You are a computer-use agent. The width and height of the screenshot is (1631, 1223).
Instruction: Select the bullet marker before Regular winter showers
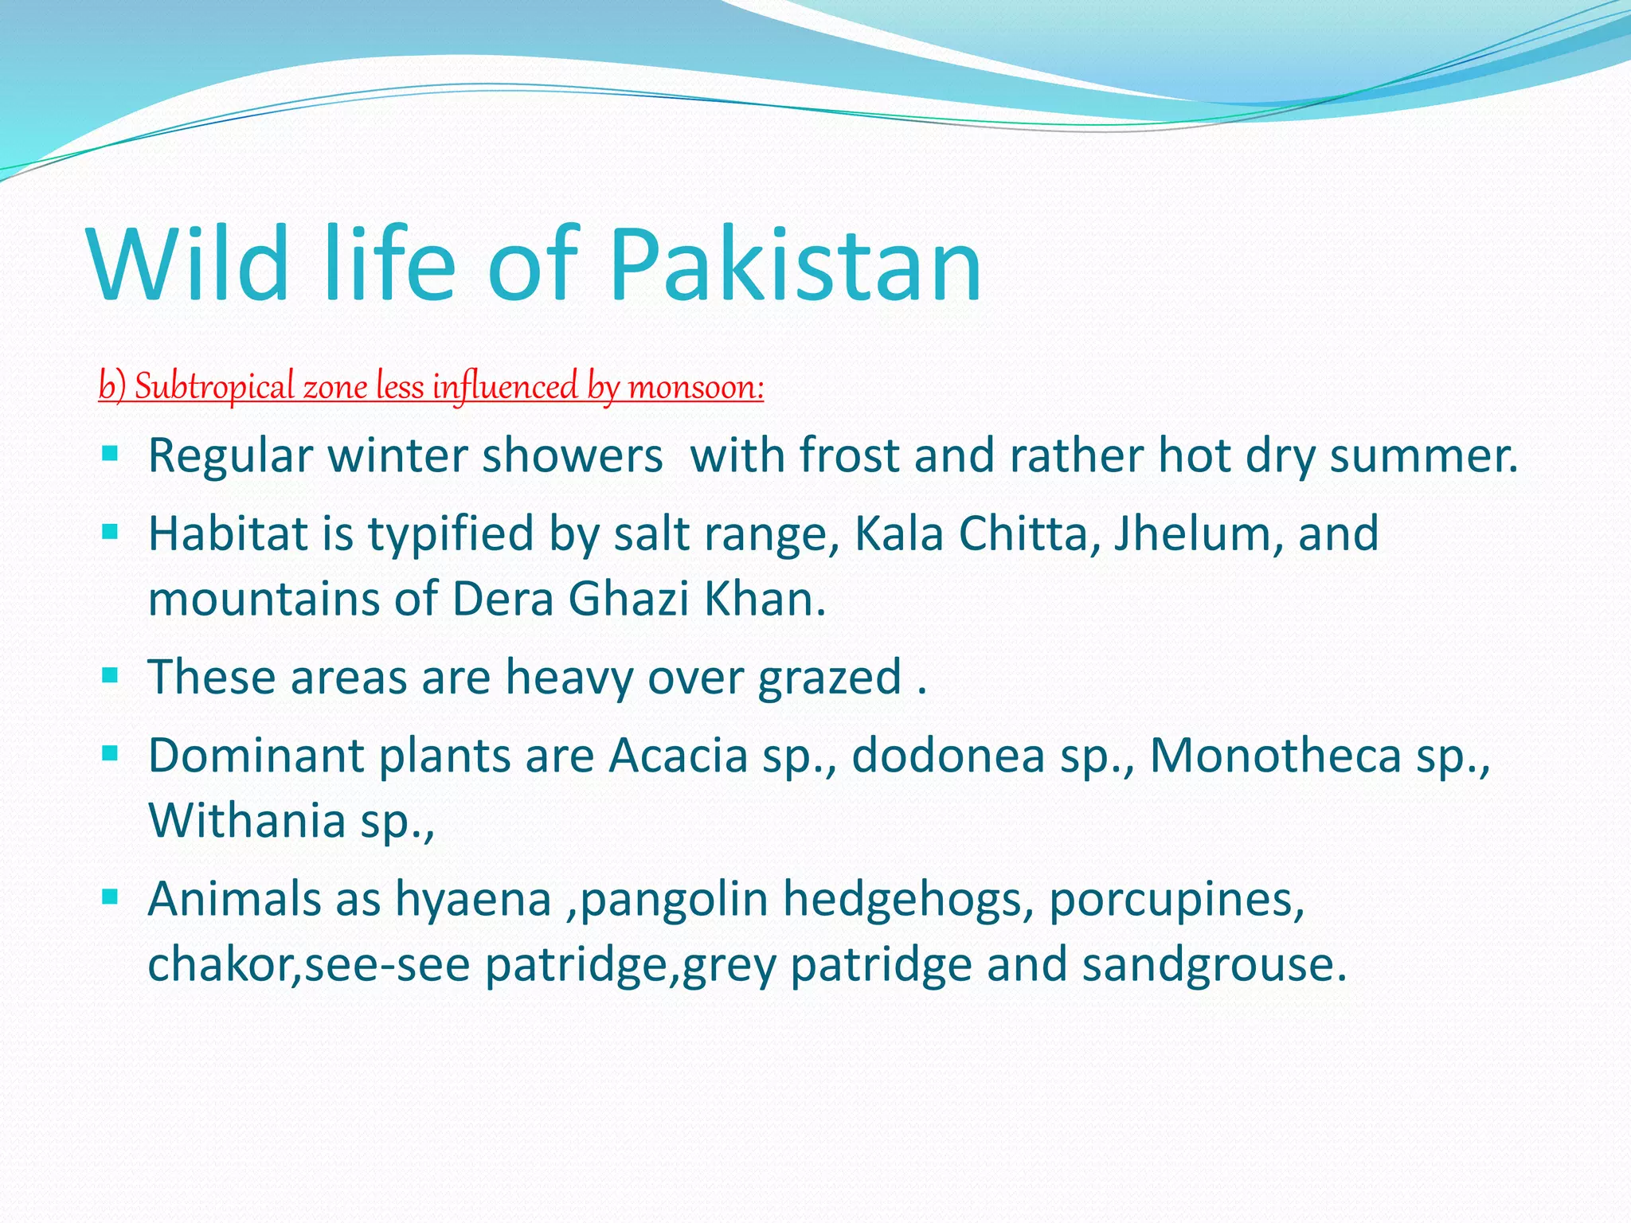point(110,455)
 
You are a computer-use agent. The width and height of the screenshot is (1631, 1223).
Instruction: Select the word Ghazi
point(628,599)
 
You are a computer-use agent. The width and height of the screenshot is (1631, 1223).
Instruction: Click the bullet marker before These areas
point(110,676)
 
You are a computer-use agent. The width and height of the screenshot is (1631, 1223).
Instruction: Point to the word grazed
point(829,678)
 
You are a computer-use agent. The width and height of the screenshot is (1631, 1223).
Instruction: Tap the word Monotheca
point(1275,756)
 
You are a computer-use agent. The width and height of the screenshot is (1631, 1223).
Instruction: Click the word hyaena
point(474,900)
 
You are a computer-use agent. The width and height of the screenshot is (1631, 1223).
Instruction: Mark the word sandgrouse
point(1214,965)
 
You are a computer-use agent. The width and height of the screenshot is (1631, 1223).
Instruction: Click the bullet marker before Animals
point(110,898)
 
